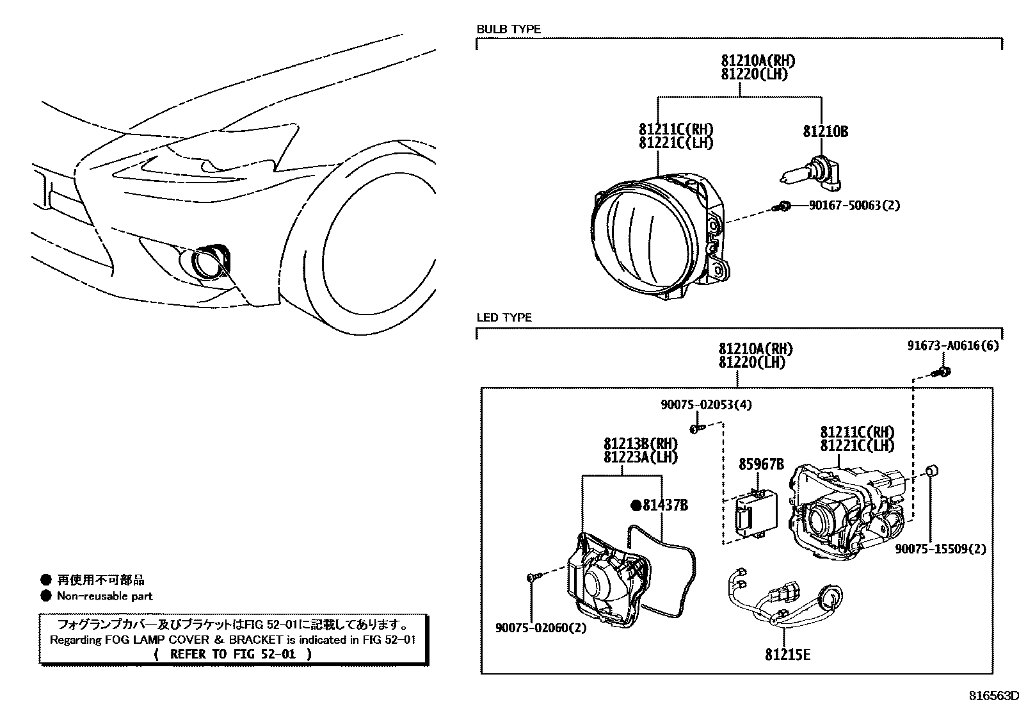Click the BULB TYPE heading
(508, 29)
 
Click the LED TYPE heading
(504, 318)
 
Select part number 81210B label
(825, 132)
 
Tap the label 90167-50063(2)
(854, 206)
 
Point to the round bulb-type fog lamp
(653, 236)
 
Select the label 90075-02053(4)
(706, 405)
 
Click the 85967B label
(761, 464)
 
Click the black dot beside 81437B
(636, 505)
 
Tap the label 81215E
(787, 655)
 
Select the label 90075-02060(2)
(540, 628)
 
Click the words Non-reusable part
(104, 596)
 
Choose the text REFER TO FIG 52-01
(233, 654)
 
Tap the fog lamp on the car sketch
(209, 263)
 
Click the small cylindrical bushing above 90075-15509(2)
(933, 472)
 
